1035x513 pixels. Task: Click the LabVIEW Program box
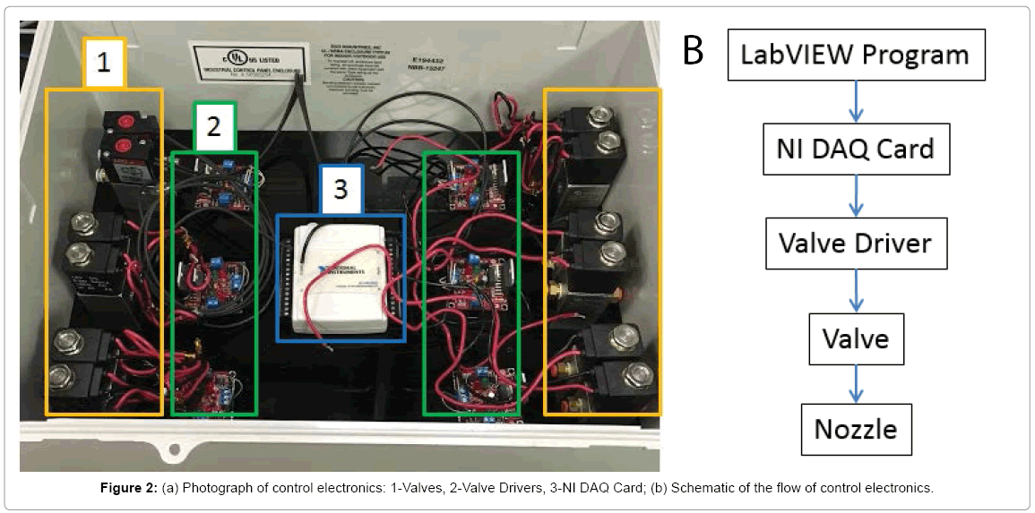click(855, 55)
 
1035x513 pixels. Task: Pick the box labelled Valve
click(856, 339)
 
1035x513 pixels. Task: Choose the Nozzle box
click(856, 430)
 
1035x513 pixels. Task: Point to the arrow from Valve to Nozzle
click(856, 384)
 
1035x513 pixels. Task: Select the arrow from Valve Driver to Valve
click(856, 291)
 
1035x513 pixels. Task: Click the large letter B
click(694, 50)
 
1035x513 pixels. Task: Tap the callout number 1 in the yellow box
click(104, 63)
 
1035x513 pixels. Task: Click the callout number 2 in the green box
click(213, 126)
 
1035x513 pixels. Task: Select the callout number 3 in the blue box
click(341, 190)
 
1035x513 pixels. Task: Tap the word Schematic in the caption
click(700, 489)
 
